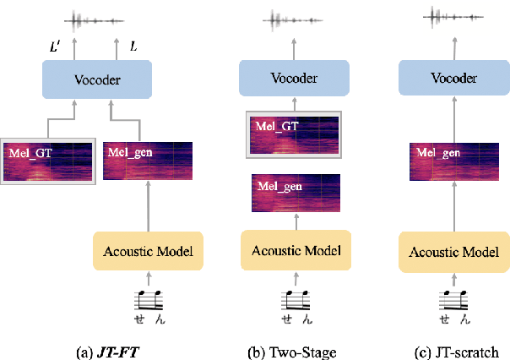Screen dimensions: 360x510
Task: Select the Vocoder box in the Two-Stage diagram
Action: (293, 79)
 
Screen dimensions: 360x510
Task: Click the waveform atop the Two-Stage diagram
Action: (293, 19)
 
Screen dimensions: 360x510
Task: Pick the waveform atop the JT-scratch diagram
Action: (455, 16)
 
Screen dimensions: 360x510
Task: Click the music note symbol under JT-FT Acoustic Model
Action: (149, 298)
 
